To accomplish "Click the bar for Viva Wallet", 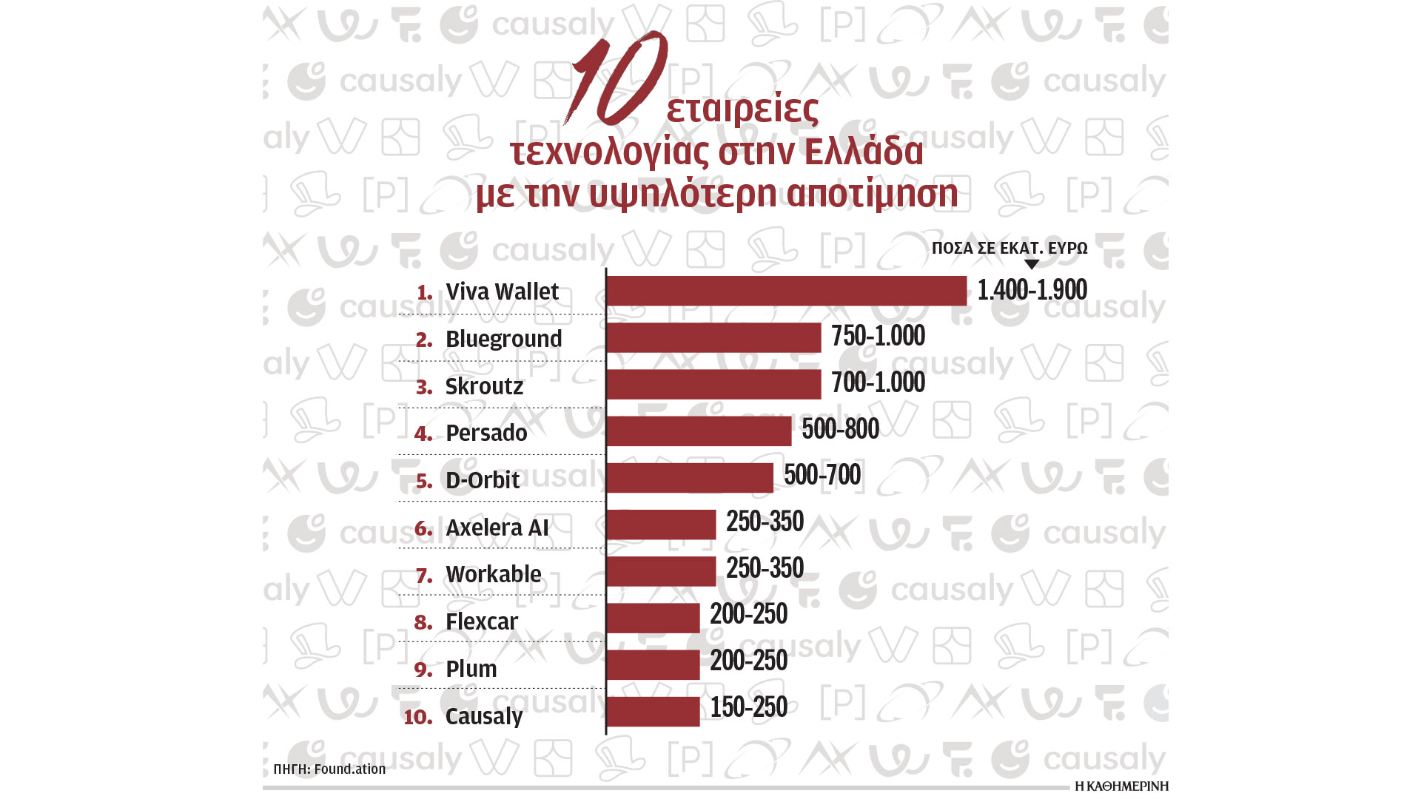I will pyautogui.click(x=786, y=291).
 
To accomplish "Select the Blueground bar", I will pyautogui.click(x=713, y=337).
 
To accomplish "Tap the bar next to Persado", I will pyautogui.click(x=699, y=431).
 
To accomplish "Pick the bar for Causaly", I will pyautogui.click(x=653, y=712).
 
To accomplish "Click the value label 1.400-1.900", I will pyautogui.click(x=1032, y=290).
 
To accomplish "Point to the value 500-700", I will pyautogui.click(x=822, y=475).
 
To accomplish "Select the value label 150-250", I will pyautogui.click(x=748, y=707).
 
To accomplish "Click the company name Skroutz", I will pyautogui.click(x=484, y=386).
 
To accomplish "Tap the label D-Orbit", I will pyautogui.click(x=483, y=480).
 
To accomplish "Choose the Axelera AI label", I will pyautogui.click(x=497, y=527).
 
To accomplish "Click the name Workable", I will pyautogui.click(x=493, y=574).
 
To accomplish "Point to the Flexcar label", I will pyautogui.click(x=482, y=621).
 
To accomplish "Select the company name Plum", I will pyautogui.click(x=471, y=669).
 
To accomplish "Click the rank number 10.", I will pyautogui.click(x=418, y=717).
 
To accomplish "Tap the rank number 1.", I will pyautogui.click(x=424, y=292).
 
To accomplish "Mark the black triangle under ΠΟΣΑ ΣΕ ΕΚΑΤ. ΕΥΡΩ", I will pyautogui.click(x=1031, y=264).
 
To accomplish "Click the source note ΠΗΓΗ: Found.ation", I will pyautogui.click(x=329, y=769).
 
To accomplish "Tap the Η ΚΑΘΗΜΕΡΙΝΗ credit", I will pyautogui.click(x=1121, y=786).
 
